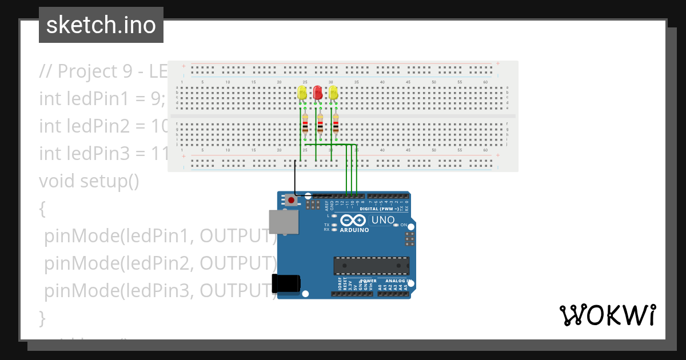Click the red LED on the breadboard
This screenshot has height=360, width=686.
[x=318, y=93]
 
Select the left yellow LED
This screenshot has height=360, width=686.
[x=302, y=93]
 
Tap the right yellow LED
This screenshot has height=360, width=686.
[x=333, y=93]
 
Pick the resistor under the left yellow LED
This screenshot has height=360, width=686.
[x=305, y=125]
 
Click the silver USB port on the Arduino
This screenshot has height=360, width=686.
[x=283, y=222]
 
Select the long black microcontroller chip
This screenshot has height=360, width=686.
[x=371, y=266]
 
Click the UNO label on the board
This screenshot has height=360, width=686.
[x=383, y=220]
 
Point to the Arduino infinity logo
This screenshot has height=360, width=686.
[x=352, y=221]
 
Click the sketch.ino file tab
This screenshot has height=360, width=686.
[x=101, y=25]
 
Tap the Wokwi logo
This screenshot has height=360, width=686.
[x=607, y=315]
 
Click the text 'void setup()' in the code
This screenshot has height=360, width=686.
[x=89, y=181]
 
